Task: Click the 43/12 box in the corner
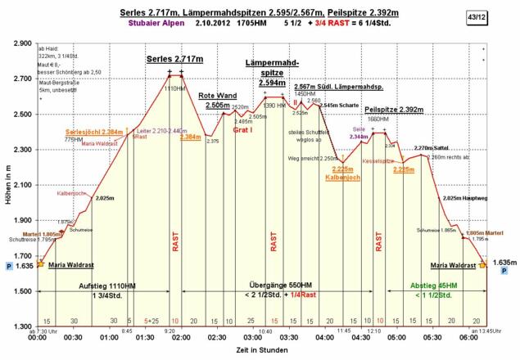point(495,16)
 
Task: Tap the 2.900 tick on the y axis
point(20,43)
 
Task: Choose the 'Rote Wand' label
point(217,96)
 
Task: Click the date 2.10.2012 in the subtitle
point(213,25)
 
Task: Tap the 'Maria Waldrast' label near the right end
point(453,266)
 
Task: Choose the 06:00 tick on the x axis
point(468,336)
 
